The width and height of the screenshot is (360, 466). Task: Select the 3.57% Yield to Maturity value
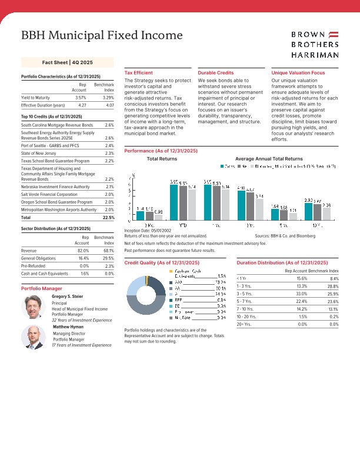point(81,97)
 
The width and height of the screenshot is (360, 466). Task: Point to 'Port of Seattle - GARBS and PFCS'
point(50,145)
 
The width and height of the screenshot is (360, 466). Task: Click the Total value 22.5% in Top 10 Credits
point(108,217)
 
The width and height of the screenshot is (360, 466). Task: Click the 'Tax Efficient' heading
point(139,72)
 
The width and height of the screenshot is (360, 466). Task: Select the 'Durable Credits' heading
point(216,72)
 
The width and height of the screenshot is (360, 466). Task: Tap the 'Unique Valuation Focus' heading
point(298,72)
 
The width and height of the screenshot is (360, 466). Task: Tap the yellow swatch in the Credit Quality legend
point(171,271)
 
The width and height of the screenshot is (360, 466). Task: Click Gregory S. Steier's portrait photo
point(33,307)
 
